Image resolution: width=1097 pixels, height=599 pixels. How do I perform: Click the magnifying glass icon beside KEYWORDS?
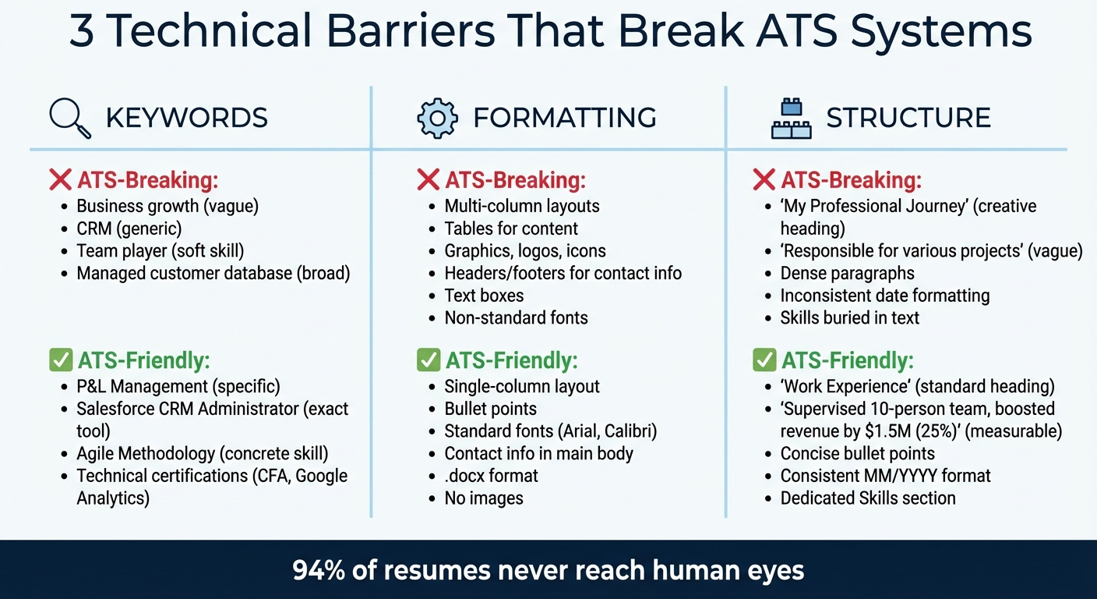pos(69,118)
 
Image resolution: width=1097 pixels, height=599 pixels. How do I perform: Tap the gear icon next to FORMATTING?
pos(437,118)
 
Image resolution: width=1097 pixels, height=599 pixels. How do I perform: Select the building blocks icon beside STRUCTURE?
pos(791,119)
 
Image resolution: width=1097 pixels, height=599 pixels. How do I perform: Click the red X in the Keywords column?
pos(60,180)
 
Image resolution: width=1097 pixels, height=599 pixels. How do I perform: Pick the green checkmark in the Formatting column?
pos(428,360)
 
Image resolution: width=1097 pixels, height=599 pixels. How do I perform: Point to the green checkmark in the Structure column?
pos(764,360)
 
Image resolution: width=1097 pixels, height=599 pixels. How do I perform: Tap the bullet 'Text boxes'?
pos(484,296)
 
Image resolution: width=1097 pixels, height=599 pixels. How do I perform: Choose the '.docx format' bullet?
pos(491,476)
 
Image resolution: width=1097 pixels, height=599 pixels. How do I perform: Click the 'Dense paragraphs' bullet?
pos(847,274)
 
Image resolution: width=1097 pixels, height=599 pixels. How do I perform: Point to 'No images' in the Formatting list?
pos(484,498)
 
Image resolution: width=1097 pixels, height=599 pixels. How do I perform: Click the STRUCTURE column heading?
pos(908,118)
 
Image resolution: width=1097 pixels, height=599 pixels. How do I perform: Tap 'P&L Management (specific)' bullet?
pos(178,386)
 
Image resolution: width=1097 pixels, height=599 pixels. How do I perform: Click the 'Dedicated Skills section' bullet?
pos(868,498)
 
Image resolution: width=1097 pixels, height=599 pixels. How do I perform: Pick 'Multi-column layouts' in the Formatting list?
pos(521,206)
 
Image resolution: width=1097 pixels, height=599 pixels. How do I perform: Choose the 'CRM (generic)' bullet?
pos(129,229)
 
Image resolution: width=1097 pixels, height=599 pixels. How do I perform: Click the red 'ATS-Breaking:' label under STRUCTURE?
pos(851,180)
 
